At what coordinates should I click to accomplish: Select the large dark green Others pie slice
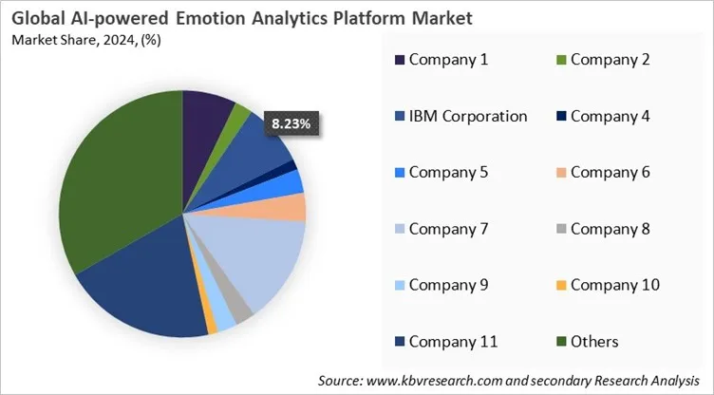coord(114,190)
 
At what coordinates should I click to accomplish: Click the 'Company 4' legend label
coord(611,116)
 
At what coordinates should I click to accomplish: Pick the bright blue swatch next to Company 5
coord(400,172)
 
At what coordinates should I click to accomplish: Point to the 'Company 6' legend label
coord(611,172)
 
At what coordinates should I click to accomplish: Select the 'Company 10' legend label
coord(615,284)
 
